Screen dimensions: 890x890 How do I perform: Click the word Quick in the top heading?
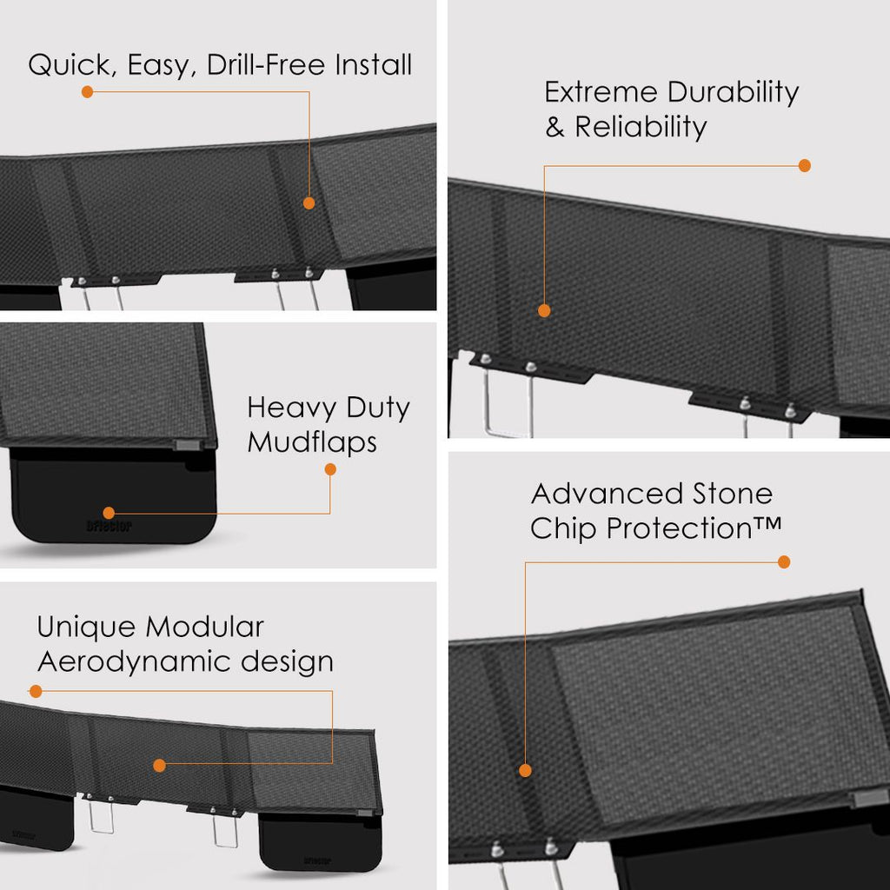pos(70,65)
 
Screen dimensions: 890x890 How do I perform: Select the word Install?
pos(373,64)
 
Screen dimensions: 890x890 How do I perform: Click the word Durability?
pos(733,93)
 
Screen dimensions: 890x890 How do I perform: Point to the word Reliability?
pos(641,127)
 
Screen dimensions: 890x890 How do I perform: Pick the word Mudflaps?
pos(312,442)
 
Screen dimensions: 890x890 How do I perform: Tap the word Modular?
pos(204,628)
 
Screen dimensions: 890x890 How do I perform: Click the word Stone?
pos(732,494)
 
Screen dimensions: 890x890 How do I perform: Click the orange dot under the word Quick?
pos(88,92)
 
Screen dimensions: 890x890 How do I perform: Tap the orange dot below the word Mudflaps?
pos(330,469)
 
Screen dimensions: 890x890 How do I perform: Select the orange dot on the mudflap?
pos(109,513)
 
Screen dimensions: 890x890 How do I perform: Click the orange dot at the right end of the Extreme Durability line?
pos(804,166)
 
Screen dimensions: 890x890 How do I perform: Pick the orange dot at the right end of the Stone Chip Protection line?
pos(784,562)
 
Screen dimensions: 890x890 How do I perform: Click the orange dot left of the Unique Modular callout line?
pos(36,691)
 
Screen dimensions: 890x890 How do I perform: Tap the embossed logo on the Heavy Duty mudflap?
pos(110,526)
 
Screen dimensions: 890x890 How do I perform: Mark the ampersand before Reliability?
pos(555,127)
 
